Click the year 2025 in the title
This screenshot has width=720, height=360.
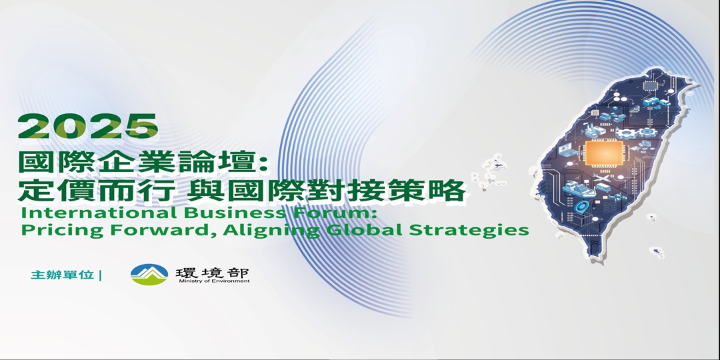point(88,127)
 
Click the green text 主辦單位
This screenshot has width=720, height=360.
point(62,275)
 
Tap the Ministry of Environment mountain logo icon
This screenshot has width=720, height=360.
point(149,274)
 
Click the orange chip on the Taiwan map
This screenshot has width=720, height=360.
point(599,153)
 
